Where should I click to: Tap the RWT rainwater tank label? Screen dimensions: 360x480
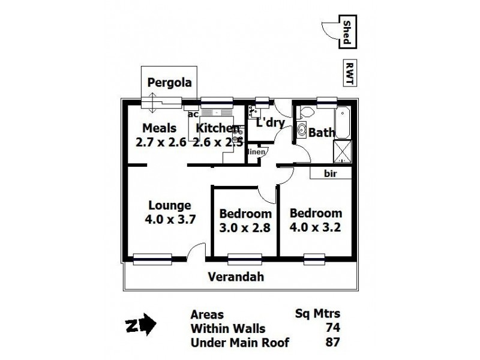[348, 73]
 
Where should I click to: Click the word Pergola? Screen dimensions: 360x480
[170, 83]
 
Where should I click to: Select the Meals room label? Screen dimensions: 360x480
[159, 128]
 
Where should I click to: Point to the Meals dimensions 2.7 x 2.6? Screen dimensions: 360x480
[161, 142]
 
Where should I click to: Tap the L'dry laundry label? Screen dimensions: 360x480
[269, 123]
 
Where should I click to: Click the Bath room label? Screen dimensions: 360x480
[322, 132]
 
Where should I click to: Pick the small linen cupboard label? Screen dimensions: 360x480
[257, 152]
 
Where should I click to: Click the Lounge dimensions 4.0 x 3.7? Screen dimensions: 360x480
[170, 219]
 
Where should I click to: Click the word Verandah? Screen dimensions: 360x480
[236, 277]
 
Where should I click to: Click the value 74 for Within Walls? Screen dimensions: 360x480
[332, 329]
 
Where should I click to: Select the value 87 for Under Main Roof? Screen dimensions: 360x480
[332, 343]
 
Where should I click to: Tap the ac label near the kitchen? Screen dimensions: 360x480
[193, 114]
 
